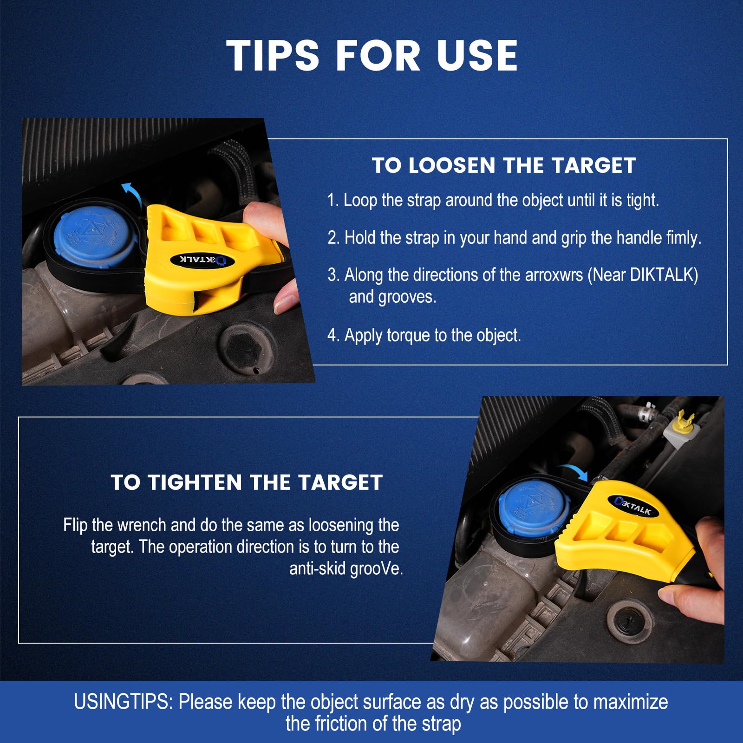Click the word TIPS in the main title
(x=273, y=55)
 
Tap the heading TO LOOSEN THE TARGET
(x=504, y=165)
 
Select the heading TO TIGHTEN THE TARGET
(x=247, y=482)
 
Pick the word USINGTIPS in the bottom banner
(x=123, y=702)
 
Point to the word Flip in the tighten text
(x=75, y=525)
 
